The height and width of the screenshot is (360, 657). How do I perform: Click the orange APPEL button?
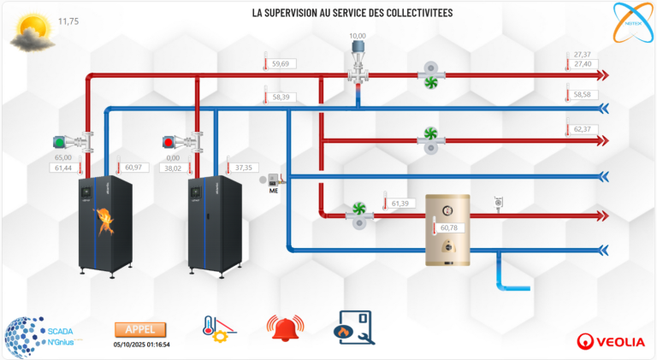tap(140, 330)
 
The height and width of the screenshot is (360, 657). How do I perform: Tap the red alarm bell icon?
tap(285, 328)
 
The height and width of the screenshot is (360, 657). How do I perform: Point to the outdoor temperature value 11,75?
tap(68, 21)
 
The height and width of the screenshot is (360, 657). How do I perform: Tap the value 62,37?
tap(583, 129)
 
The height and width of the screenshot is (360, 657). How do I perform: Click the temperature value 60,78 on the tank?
tap(450, 228)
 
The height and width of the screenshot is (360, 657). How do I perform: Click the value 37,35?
tap(244, 168)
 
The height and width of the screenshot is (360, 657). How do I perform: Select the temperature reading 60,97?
tap(133, 168)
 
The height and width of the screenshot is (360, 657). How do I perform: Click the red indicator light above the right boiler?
tap(169, 141)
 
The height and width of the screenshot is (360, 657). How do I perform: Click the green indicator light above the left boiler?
tap(59, 141)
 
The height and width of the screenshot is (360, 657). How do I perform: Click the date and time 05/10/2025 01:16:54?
tap(141, 345)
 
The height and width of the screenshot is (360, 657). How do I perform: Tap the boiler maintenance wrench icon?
tap(353, 328)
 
